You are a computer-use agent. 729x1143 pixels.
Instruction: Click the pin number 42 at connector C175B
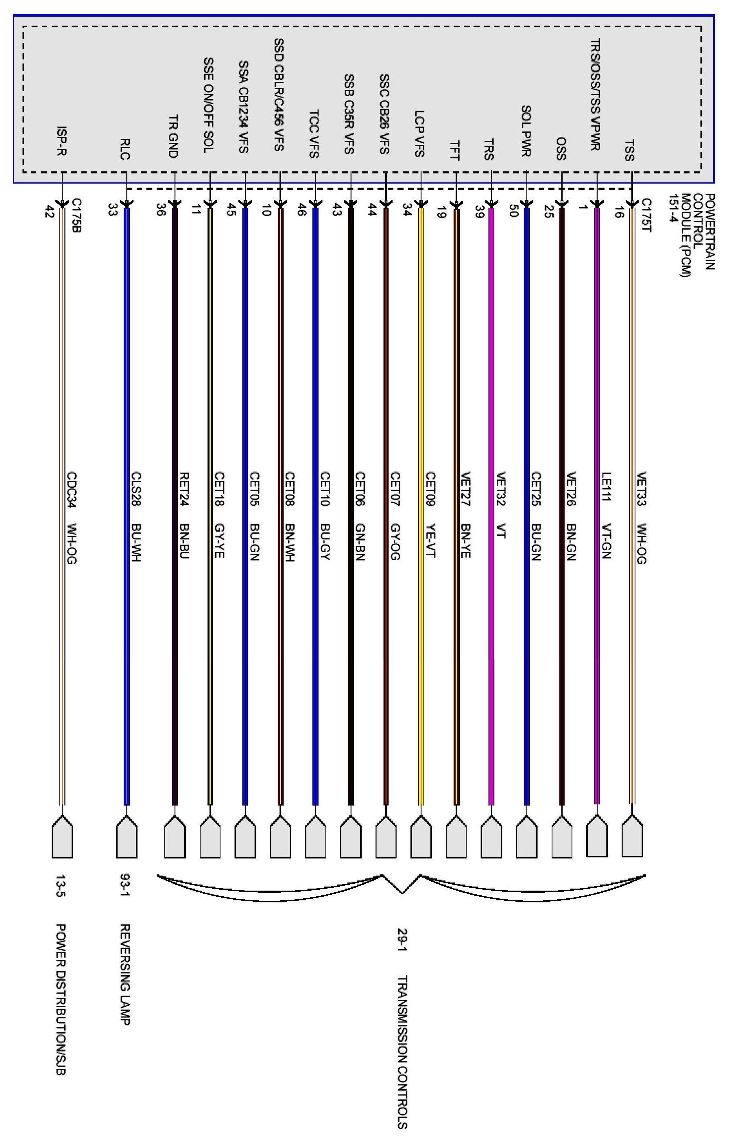click(x=48, y=212)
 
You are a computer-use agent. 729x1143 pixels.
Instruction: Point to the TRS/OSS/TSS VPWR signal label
click(x=595, y=94)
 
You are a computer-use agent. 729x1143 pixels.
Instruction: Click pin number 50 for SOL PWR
click(x=512, y=212)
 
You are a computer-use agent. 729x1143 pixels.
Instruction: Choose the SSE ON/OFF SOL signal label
click(x=208, y=105)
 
